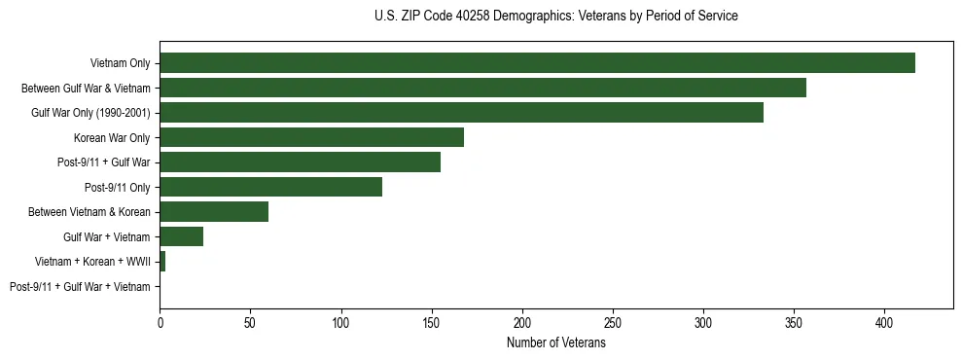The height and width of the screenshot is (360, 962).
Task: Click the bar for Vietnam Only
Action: tap(537, 63)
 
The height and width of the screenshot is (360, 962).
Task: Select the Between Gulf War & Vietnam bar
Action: tap(482, 88)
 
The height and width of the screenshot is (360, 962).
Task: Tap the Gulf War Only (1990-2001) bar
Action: tap(461, 113)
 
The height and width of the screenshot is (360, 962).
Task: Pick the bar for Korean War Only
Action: tap(311, 137)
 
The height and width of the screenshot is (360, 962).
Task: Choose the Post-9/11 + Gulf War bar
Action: tap(300, 162)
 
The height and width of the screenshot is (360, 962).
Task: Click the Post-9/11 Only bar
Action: tap(270, 187)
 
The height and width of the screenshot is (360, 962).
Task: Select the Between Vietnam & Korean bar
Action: tap(214, 212)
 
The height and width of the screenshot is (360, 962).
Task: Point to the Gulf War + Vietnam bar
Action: tap(181, 236)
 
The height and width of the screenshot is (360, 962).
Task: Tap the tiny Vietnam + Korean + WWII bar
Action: tap(162, 262)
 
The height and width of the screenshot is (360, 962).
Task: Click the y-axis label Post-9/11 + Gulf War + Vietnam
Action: tap(80, 287)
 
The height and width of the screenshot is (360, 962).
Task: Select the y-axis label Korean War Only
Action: tap(112, 138)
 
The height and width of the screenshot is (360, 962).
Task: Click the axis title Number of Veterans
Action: tap(555, 342)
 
